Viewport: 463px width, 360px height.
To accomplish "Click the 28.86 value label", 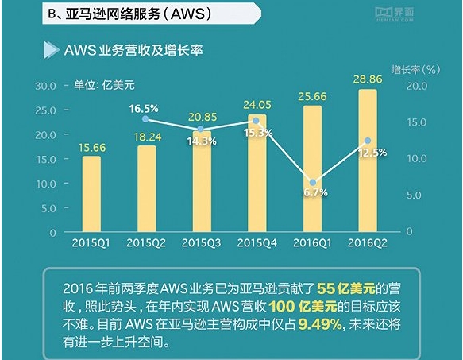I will [x=368, y=80].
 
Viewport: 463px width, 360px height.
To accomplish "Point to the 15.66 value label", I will [x=92, y=147].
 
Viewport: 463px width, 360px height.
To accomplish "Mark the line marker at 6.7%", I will [x=313, y=183].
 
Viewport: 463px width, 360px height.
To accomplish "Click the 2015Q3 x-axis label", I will [x=202, y=242].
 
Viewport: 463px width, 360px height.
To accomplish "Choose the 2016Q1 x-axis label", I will [x=313, y=242].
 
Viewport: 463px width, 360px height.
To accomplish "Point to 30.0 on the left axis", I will [x=43, y=85].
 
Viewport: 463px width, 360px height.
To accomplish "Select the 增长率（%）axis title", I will [x=416, y=69].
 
